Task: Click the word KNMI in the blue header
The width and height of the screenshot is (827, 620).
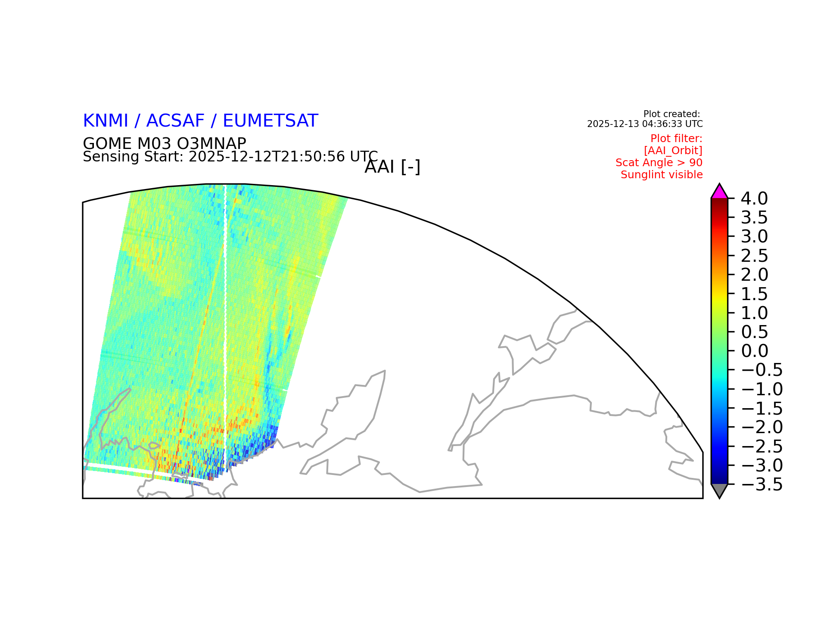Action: click(106, 121)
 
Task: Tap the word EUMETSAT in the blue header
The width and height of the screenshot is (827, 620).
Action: click(270, 121)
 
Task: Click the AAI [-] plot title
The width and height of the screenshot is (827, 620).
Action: click(392, 167)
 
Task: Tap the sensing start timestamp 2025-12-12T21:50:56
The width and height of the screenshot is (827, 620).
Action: click(267, 156)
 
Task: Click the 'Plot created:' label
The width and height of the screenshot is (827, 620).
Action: click(672, 114)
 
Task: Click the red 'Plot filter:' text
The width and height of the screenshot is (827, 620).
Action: click(676, 139)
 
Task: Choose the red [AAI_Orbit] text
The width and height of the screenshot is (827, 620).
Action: click(673, 151)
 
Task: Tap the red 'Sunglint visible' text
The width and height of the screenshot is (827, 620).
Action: click(662, 175)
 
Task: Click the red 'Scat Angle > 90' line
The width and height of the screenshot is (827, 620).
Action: click(659, 163)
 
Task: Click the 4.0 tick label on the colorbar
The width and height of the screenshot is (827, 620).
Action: click(754, 198)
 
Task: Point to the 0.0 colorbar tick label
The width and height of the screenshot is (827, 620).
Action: click(754, 351)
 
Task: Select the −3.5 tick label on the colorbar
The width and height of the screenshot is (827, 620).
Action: click(762, 484)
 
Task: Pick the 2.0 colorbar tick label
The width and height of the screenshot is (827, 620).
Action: click(754, 275)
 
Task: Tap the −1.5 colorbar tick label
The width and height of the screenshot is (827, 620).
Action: click(762, 408)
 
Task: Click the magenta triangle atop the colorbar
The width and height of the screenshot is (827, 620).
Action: click(719, 192)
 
